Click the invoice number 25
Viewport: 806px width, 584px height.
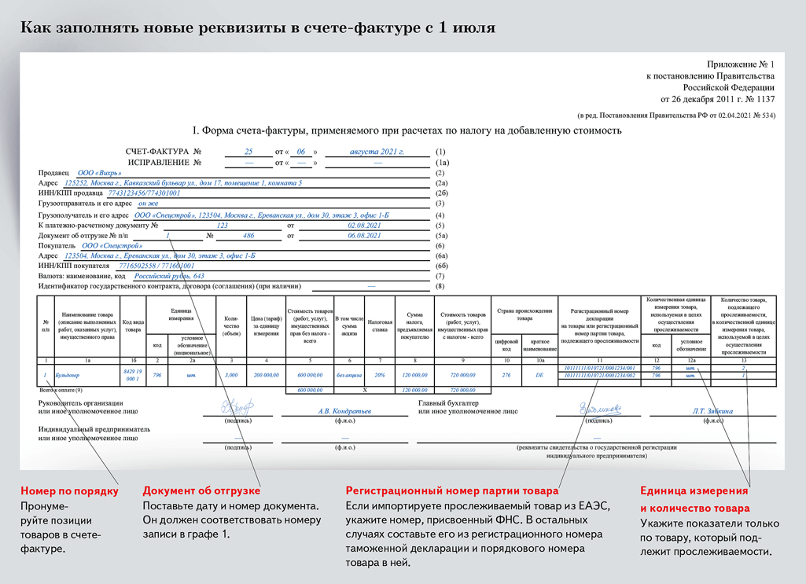point(248,151)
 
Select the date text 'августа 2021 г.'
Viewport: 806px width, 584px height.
point(377,151)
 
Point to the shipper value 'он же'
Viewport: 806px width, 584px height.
point(148,204)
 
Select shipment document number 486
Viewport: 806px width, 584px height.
point(248,235)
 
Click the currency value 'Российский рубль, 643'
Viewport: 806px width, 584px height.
point(170,277)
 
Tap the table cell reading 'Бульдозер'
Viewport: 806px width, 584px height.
point(68,376)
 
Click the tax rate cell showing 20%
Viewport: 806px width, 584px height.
point(380,376)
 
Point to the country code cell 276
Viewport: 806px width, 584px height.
point(506,376)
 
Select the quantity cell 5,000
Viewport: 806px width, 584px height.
point(231,376)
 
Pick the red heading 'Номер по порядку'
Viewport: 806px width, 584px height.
point(69,491)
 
